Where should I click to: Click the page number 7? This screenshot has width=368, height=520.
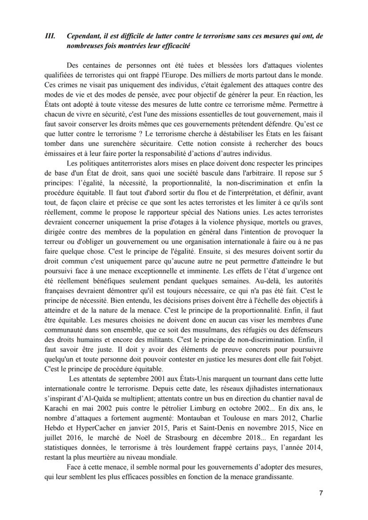click(321, 493)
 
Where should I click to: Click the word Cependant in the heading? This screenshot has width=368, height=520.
click(84, 36)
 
